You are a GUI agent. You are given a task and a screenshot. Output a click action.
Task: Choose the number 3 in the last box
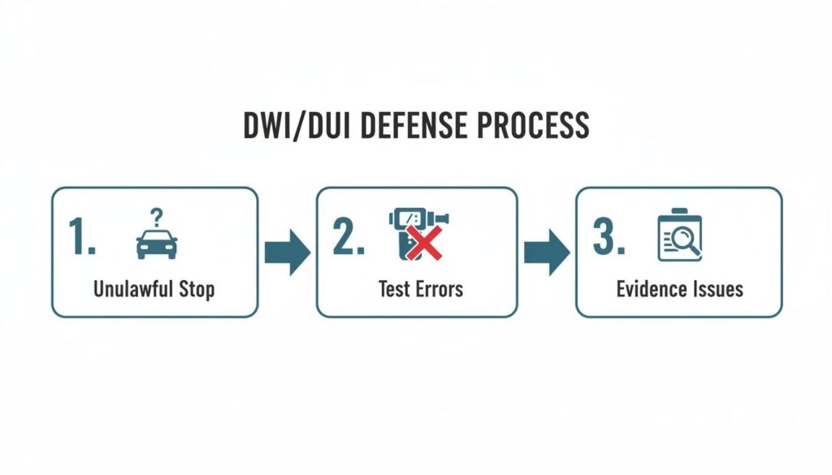coord(609,236)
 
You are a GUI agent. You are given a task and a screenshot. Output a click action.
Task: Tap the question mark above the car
coord(157,215)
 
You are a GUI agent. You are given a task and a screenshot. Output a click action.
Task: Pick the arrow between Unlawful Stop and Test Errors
coord(287,253)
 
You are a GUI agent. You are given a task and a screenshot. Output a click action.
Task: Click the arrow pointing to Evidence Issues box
coord(546,253)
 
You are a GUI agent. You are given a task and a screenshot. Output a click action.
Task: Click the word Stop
coord(197,289)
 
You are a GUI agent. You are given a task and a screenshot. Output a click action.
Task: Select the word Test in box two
coord(392,289)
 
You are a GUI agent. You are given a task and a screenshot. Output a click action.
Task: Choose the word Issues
coord(717,289)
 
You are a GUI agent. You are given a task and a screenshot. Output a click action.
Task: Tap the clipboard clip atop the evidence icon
coord(679,214)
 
